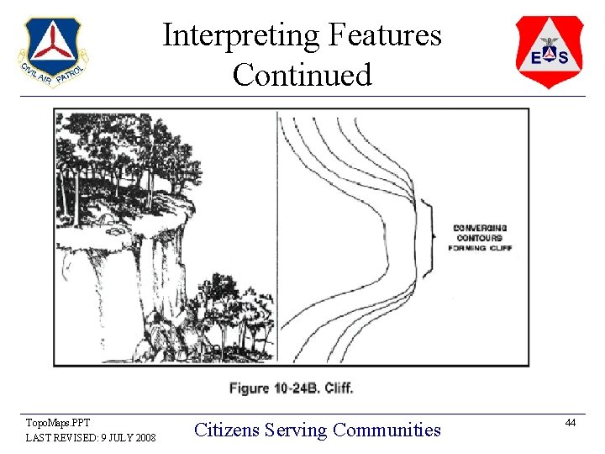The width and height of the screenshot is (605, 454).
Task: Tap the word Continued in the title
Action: click(x=302, y=75)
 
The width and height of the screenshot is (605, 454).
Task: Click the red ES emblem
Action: click(x=550, y=51)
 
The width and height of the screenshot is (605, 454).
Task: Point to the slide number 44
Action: click(x=571, y=422)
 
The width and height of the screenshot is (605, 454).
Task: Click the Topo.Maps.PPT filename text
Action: click(x=57, y=423)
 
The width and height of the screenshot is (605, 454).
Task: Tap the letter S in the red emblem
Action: click(x=563, y=57)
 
